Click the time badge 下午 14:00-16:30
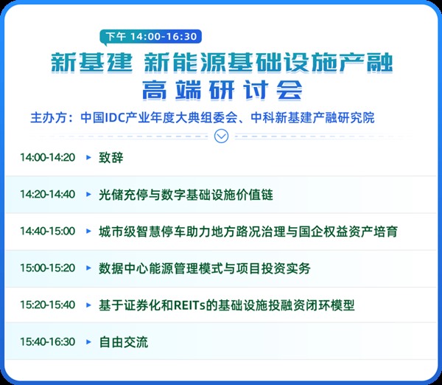point(151,37)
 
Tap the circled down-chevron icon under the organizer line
point(221,136)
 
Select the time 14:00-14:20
point(48,158)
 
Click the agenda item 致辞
point(110,158)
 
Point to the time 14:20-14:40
point(48,195)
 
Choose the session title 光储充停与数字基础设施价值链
point(186,195)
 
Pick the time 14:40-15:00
point(48,231)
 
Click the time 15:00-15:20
point(48,268)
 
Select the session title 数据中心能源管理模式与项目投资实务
point(204,268)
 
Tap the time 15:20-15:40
point(48,305)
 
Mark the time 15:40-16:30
point(48,341)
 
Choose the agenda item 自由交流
point(124,342)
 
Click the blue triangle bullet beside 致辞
point(88,158)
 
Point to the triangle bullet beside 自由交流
point(88,341)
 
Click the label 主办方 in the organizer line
point(49,118)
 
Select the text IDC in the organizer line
point(115,118)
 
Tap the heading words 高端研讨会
point(222,90)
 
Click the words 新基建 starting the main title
point(91,62)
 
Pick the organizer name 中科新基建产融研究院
point(312,118)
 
